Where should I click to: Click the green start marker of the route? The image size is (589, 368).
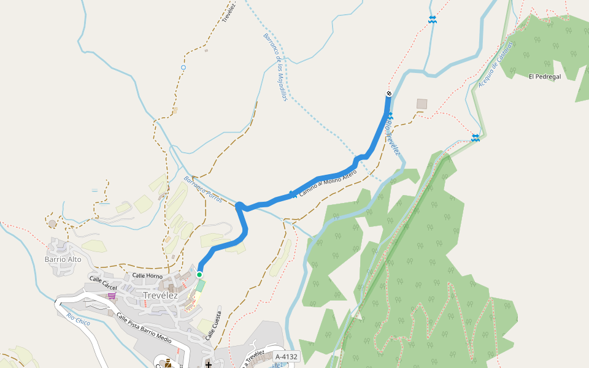(x=199, y=274)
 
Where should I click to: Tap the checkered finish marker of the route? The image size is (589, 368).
(x=388, y=93)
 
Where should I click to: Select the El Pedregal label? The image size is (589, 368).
(x=544, y=77)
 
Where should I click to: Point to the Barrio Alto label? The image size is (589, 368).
(x=63, y=259)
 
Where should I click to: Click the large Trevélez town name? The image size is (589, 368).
(x=160, y=296)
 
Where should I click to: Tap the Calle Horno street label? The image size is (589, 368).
(x=147, y=276)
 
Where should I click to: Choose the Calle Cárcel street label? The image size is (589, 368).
(x=103, y=283)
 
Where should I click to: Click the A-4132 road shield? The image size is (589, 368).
(x=286, y=356)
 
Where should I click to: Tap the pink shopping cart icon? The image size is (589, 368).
(x=112, y=296)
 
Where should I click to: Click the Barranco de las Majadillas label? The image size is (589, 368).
(x=275, y=67)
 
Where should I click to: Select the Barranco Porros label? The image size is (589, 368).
(x=202, y=190)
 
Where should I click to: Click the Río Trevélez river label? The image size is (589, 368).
(x=393, y=139)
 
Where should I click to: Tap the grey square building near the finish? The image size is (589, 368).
(x=422, y=104)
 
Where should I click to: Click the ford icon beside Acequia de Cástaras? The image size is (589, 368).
(x=475, y=138)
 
